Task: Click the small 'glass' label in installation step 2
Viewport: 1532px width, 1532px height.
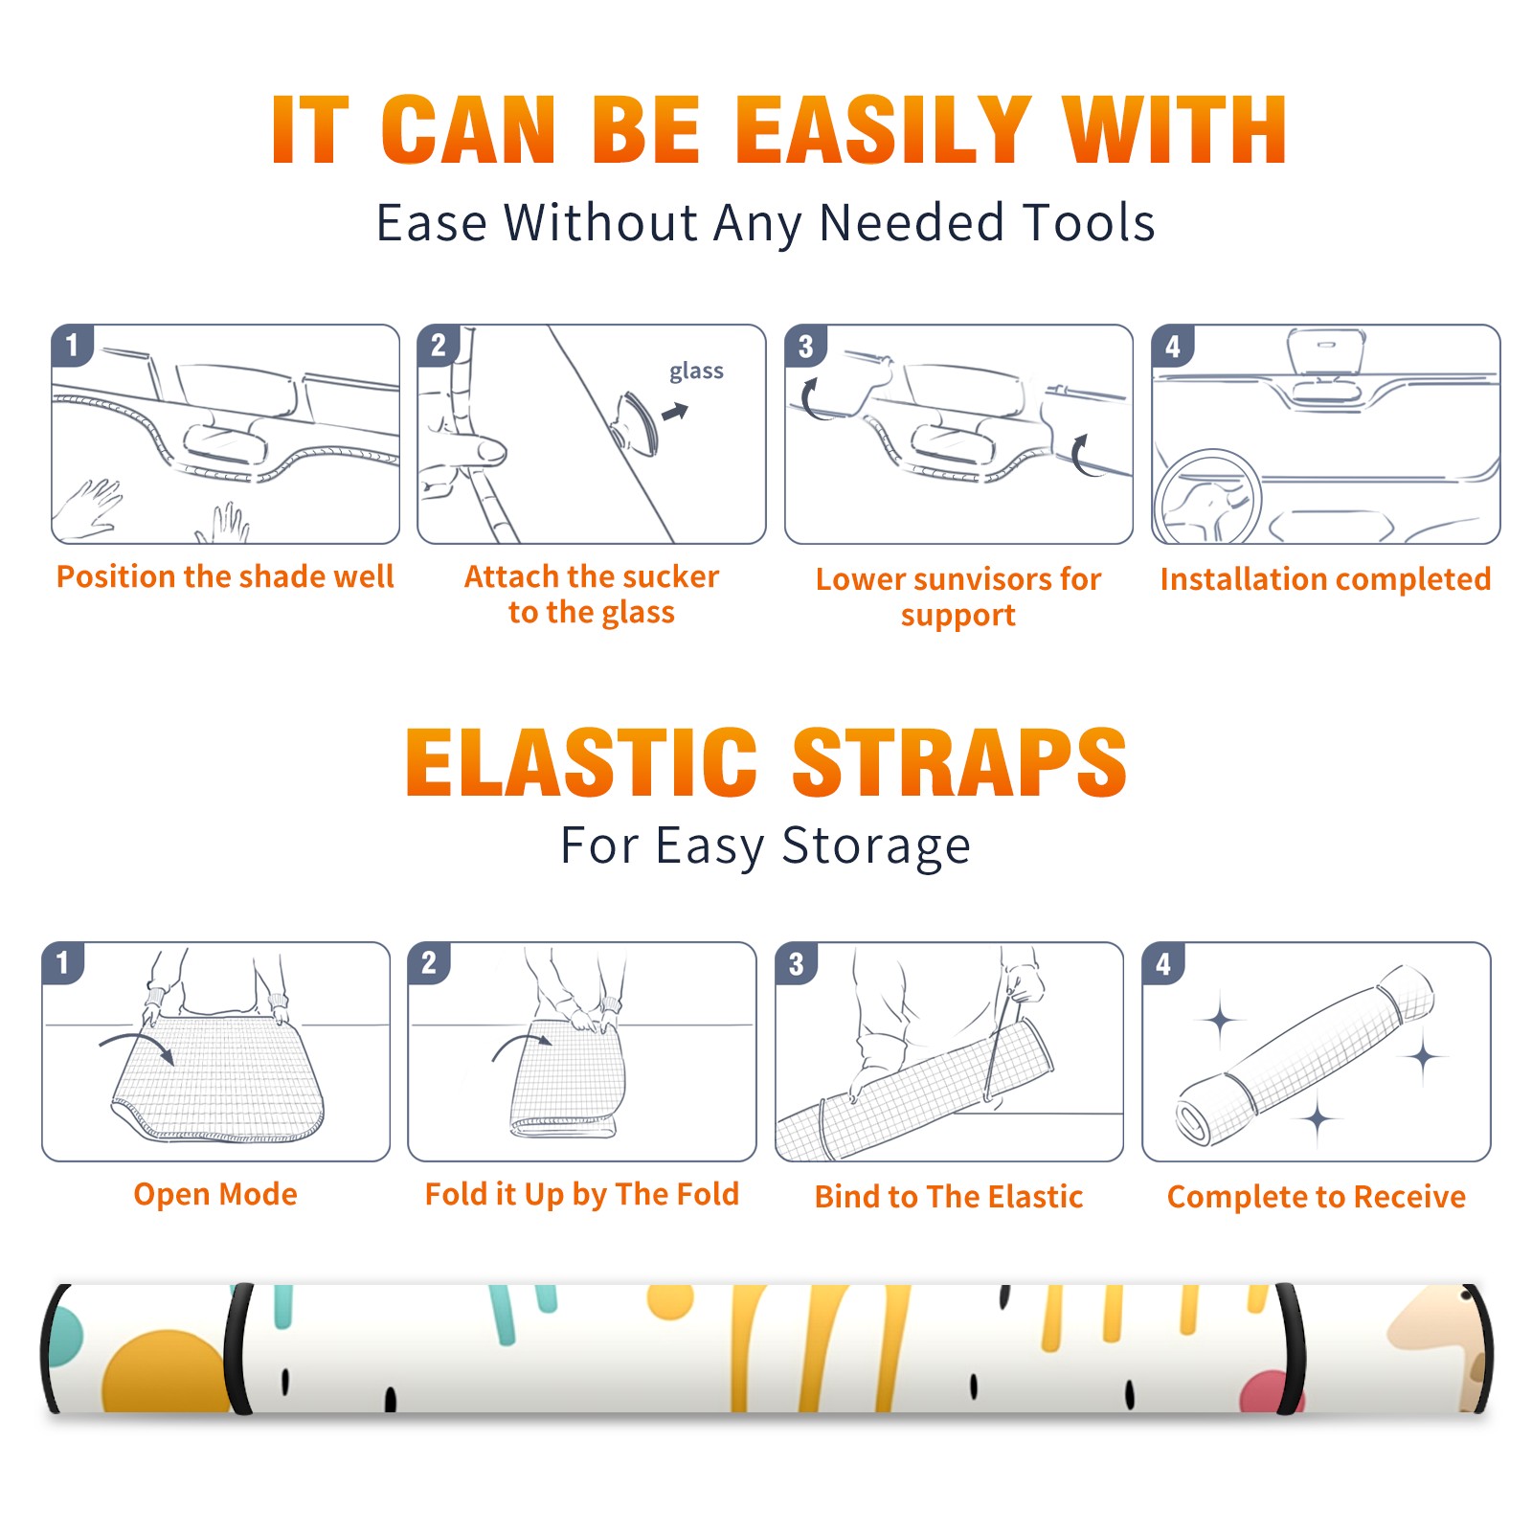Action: pyautogui.click(x=696, y=372)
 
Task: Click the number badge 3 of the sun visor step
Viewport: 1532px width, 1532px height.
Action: pyautogui.click(x=805, y=346)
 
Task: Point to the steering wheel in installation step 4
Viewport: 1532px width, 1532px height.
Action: pyautogui.click(x=1207, y=498)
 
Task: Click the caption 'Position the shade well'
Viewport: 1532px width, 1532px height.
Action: pyautogui.click(x=225, y=576)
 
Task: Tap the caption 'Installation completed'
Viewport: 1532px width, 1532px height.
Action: pyautogui.click(x=1325, y=578)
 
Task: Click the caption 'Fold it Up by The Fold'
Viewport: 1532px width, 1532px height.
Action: pyautogui.click(x=582, y=1194)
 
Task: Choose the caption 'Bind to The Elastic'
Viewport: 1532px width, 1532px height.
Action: pyautogui.click(x=949, y=1197)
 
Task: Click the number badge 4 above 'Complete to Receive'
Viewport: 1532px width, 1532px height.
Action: pyautogui.click(x=1163, y=963)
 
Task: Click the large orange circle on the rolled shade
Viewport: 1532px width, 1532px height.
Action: pyautogui.click(x=167, y=1371)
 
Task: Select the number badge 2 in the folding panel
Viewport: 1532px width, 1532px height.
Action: pyautogui.click(x=428, y=963)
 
